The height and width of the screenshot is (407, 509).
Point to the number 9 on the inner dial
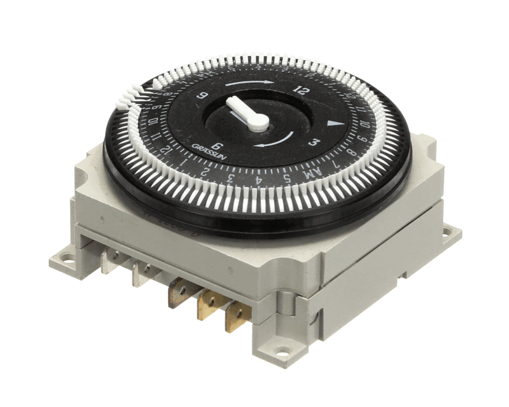[x=203, y=95]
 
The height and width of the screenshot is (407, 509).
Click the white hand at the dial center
[x=249, y=114]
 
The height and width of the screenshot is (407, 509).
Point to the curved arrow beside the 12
[x=250, y=83]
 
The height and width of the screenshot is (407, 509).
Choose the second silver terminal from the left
[x=142, y=273]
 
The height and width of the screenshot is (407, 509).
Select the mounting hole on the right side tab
[x=447, y=230]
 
